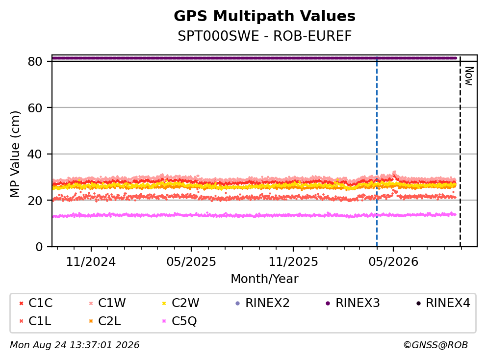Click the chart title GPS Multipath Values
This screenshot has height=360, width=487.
pos(264,16)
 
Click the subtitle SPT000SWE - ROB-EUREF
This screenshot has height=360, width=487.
pos(264,36)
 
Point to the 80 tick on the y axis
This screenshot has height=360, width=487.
pos(35,61)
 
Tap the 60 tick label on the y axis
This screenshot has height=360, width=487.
pos(35,108)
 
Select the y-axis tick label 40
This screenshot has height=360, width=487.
pos(35,154)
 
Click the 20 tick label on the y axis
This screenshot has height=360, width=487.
pos(35,200)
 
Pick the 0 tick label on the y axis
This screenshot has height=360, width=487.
pos(39,247)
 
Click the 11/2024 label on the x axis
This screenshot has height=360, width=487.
pos(91,262)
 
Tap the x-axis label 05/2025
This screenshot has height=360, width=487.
pos(191,262)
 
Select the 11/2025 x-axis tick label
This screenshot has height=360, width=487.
pos(293,262)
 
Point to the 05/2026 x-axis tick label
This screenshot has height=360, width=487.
pos(393,262)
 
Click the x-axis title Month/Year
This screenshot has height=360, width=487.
pos(264,279)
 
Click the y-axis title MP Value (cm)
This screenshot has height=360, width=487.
pos(15,154)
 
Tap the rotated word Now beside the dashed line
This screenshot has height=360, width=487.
pos(469,76)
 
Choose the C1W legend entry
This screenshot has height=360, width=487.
pos(107,303)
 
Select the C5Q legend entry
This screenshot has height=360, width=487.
pos(179,321)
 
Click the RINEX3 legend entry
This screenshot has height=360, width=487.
pos(353,303)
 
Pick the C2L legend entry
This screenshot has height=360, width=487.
pos(105,321)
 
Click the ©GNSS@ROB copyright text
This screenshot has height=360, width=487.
pos(436,345)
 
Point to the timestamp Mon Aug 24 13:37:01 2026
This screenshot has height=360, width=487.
pos(75,345)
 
